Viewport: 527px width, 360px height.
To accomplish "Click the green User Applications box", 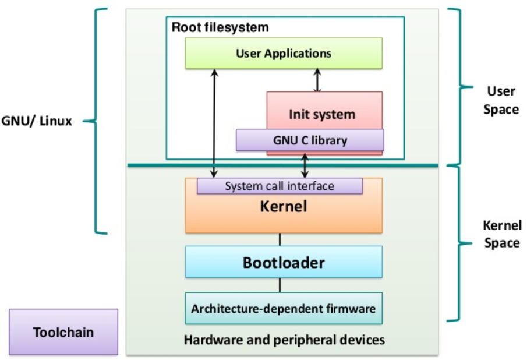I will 284,54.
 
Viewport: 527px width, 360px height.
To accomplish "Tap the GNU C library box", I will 310,140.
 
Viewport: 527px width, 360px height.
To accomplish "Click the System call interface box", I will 280,186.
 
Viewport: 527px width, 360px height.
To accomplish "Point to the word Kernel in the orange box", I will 284,207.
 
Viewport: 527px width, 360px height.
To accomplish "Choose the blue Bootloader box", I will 284,262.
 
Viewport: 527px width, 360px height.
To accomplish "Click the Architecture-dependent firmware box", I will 284,309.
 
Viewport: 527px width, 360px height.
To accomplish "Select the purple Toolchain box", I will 63,333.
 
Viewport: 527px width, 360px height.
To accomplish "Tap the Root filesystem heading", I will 220,27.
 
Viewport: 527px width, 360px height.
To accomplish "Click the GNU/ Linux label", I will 37,122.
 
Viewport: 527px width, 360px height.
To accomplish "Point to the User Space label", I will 501,100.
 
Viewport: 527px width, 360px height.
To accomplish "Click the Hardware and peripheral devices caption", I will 284,340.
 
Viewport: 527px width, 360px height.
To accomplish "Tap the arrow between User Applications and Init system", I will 317,80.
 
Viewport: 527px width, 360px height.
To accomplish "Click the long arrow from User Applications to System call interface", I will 214,122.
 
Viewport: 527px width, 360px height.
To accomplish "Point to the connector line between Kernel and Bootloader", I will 280,239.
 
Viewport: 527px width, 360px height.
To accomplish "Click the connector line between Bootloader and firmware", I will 280,285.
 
